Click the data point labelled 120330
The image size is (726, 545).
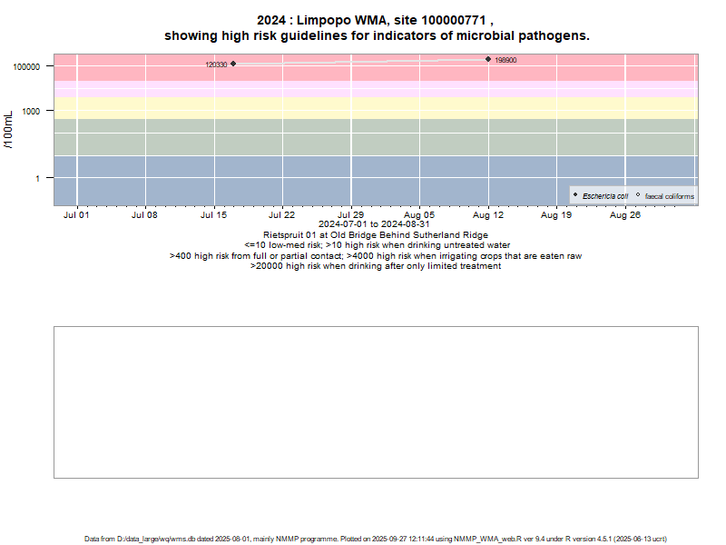(x=233, y=64)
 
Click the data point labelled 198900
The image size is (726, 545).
(x=488, y=59)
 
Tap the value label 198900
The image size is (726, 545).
(x=505, y=61)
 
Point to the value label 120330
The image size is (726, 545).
(x=216, y=65)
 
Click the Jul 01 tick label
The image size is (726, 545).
(x=77, y=215)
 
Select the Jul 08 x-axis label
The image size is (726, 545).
(x=145, y=215)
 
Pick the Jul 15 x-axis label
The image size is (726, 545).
(x=214, y=215)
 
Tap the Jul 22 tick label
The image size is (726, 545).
(x=282, y=215)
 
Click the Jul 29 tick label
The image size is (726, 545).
(x=351, y=215)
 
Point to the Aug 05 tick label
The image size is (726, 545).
(x=419, y=215)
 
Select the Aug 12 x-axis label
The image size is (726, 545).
(x=488, y=215)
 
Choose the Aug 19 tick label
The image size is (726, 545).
(x=556, y=215)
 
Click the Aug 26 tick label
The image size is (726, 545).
(x=625, y=215)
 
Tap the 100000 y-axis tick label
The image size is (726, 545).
(x=31, y=67)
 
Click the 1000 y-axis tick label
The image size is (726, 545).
(x=36, y=112)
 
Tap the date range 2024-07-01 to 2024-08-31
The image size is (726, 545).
(x=375, y=224)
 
